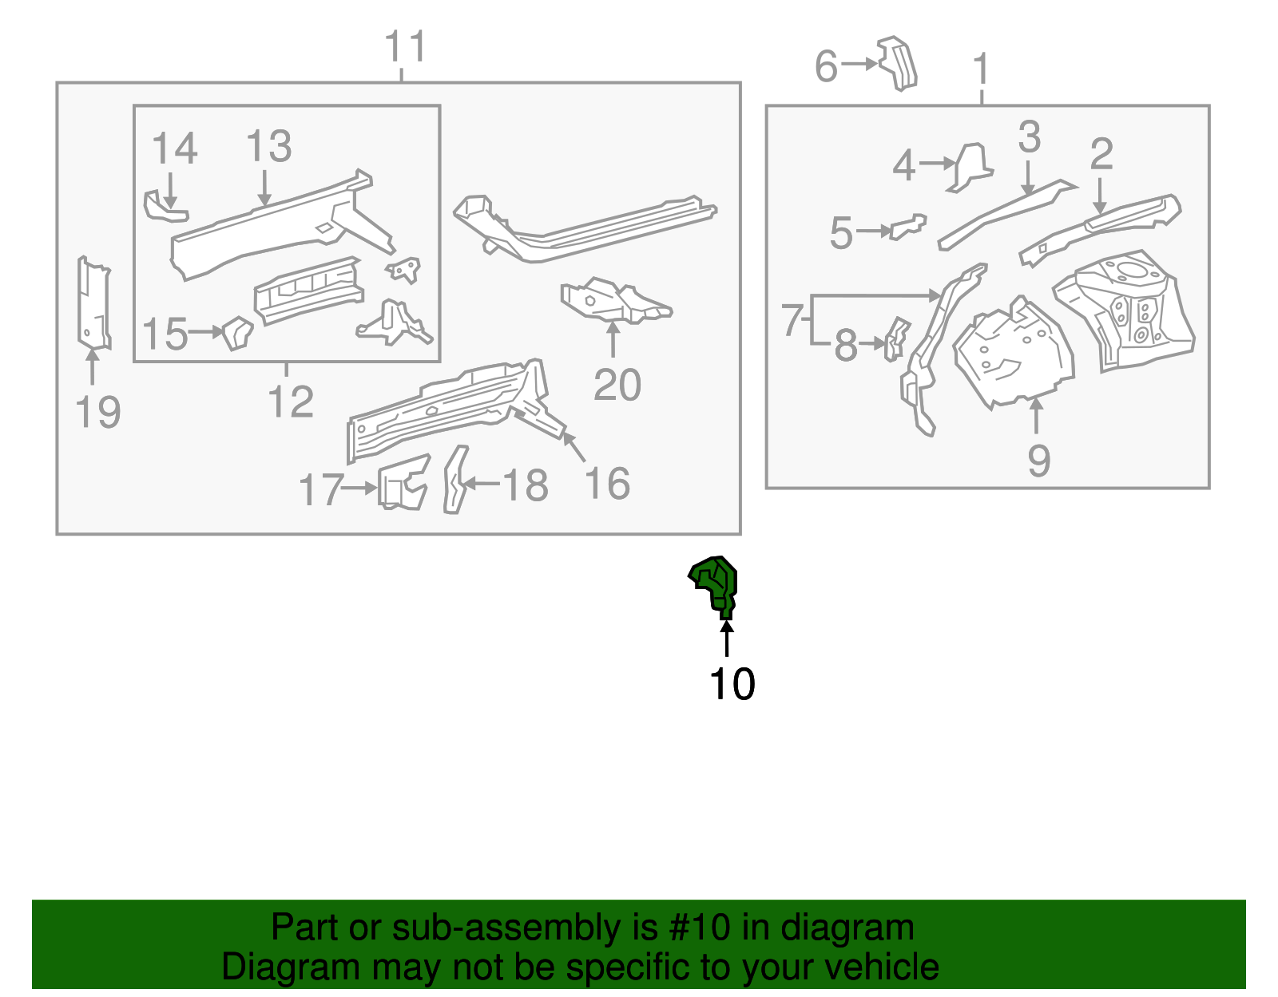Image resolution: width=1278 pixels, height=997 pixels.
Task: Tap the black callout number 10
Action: (732, 684)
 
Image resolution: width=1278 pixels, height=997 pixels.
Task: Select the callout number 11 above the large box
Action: (406, 47)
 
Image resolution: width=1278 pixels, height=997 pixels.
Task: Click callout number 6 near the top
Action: (826, 66)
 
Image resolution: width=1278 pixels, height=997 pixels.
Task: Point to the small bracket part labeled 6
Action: (899, 62)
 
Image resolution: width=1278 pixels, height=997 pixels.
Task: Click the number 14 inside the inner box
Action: (174, 149)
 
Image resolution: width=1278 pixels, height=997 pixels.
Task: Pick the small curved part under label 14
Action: (163, 206)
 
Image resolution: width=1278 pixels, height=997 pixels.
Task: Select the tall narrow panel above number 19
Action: (93, 303)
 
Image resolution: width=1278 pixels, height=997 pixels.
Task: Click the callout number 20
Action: (617, 386)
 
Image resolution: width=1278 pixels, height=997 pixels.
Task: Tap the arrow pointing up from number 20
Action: (613, 339)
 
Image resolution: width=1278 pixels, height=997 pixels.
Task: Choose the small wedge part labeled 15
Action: (237, 332)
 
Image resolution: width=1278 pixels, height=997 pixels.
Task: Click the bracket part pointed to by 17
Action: (403, 483)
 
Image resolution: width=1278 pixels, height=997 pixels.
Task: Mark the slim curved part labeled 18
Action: (455, 480)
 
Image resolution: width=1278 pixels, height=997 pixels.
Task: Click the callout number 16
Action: (607, 484)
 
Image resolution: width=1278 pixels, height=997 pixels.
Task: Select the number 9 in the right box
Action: (1038, 461)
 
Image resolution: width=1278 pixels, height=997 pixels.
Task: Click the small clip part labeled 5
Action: (909, 227)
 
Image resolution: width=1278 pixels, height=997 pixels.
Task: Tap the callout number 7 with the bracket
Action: (792, 320)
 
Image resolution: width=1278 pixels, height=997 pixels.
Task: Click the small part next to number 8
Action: (896, 338)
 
